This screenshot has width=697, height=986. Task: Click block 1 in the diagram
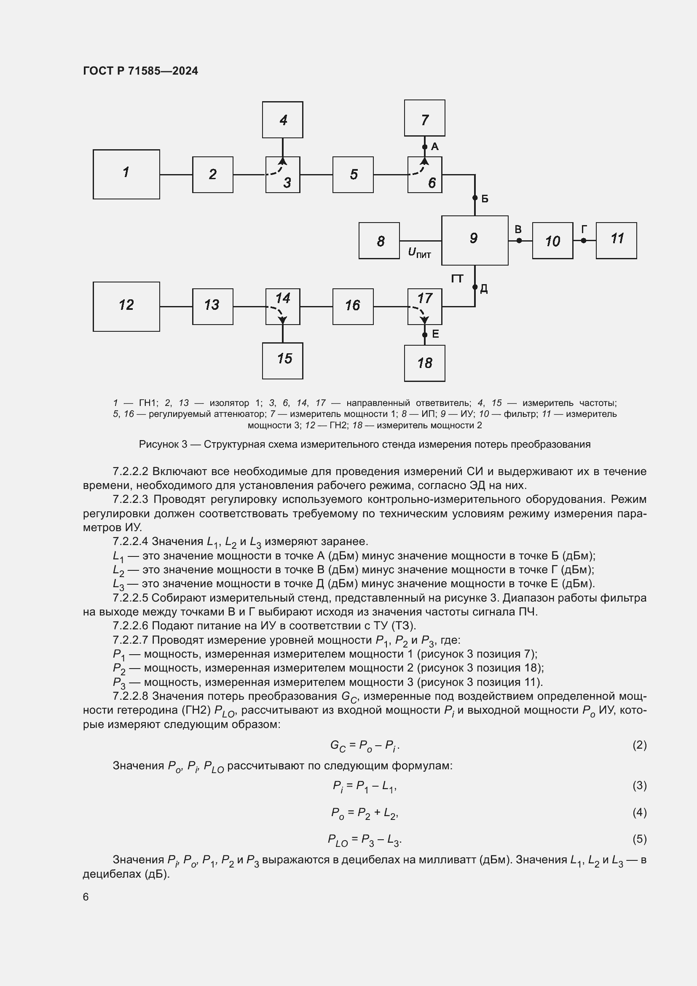[126, 174]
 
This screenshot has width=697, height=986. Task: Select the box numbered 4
[282, 119]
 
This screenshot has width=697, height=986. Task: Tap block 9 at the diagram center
[474, 240]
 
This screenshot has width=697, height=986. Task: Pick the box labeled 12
[126, 306]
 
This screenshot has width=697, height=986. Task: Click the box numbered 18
[424, 363]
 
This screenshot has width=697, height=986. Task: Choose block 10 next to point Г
[552, 240]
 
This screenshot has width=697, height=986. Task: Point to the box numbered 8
[379, 240]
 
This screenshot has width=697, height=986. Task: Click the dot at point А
[424, 147]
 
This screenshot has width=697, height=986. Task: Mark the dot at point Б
[474, 198]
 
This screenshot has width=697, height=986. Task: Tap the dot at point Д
[474, 287]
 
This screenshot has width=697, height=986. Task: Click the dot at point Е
[424, 335]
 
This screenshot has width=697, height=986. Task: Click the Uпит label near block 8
[419, 253]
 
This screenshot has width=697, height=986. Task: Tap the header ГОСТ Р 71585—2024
[140, 71]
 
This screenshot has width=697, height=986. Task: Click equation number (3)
[639, 785]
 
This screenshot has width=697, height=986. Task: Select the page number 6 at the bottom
[86, 897]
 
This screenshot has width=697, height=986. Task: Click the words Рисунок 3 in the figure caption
[163, 444]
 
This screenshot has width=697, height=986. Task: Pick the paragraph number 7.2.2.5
[130, 598]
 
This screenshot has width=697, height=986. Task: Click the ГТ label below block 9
[457, 279]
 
